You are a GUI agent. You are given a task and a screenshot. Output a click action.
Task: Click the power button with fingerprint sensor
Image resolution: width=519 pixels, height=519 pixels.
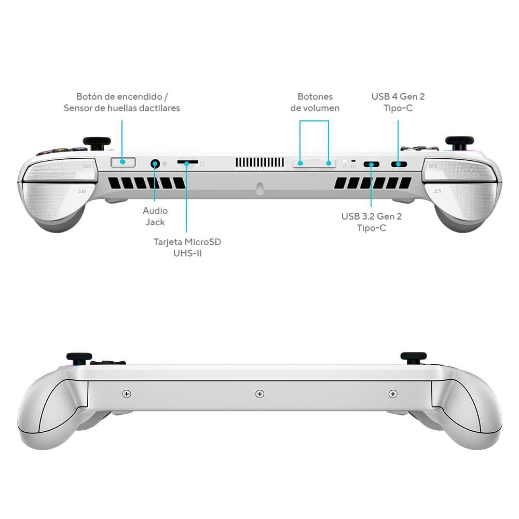click(x=123, y=162)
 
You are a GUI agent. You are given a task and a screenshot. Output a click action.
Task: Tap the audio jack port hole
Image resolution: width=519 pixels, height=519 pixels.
click(x=155, y=163)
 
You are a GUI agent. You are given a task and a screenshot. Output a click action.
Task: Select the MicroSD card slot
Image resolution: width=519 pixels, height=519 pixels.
click(x=188, y=162)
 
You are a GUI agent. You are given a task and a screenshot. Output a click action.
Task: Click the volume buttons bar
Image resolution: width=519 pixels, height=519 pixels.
click(x=314, y=163)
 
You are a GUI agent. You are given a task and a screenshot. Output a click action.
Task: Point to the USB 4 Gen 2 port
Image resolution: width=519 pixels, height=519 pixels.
click(x=399, y=164)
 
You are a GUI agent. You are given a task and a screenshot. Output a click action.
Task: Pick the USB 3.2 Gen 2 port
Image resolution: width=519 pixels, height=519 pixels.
click(x=372, y=164)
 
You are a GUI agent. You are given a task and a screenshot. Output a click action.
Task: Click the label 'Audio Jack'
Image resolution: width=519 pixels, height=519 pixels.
click(x=155, y=216)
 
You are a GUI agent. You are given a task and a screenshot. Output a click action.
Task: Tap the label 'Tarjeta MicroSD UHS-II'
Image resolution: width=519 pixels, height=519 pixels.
click(x=187, y=248)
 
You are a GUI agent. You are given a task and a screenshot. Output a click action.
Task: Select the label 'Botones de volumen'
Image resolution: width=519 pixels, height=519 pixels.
click(x=315, y=102)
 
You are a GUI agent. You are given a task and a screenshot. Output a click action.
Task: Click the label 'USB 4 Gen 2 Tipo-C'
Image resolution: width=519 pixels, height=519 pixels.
click(x=398, y=102)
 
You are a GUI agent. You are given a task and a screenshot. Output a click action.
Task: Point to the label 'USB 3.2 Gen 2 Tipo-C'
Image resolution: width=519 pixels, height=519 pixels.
click(x=372, y=222)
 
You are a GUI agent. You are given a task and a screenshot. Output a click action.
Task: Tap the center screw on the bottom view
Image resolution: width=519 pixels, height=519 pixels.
click(x=260, y=394)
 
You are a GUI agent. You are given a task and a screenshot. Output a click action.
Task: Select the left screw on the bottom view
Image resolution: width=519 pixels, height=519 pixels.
click(x=127, y=394)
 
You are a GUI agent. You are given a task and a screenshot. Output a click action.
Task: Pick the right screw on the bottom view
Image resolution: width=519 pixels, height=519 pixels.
click(x=393, y=394)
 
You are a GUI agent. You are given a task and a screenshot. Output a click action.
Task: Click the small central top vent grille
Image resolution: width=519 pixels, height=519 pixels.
click(x=260, y=162)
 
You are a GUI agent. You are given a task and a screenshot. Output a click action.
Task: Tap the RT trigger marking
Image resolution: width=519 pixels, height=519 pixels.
click(x=82, y=192)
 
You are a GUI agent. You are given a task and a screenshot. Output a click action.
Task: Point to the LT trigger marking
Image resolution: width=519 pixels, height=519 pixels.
click(x=437, y=192)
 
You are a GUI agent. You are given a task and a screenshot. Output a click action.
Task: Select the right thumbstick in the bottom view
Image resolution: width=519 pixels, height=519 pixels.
click(x=414, y=358)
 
